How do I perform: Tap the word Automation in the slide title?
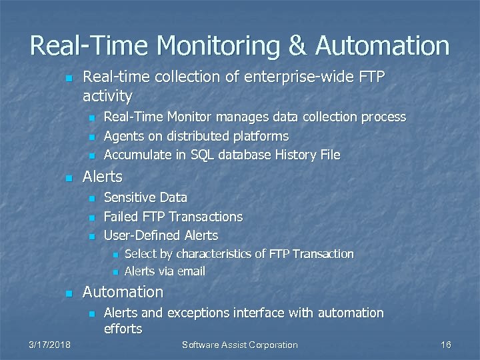tap(383, 46)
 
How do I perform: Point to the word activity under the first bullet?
tap(107, 96)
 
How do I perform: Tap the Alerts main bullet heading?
tap(102, 177)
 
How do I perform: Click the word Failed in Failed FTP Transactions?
tap(119, 217)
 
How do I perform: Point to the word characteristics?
tap(214, 254)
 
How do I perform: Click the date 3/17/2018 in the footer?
tap(50, 345)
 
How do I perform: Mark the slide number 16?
tap(446, 345)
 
